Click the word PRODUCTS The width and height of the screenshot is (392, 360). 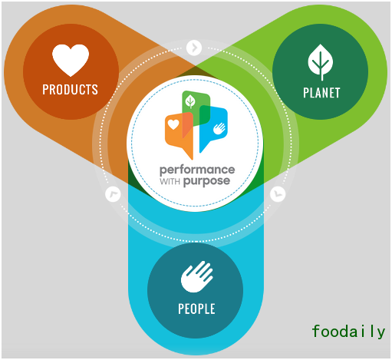tap(70, 90)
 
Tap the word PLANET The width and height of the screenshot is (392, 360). tap(321, 93)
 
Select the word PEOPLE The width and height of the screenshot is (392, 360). tap(196, 309)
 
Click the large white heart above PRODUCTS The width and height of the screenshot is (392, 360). tap(71, 60)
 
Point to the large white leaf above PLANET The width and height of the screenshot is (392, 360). tap(321, 62)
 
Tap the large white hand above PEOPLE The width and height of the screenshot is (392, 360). tap(197, 276)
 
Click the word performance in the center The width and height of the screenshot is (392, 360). tap(197, 170)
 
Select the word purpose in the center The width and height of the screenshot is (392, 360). tap(206, 181)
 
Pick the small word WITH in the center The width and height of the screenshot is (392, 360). tap(170, 181)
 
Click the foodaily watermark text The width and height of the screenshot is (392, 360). tap(348, 331)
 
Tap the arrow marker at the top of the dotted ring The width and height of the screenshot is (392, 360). tap(194, 48)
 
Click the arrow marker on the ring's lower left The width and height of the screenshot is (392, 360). tap(113, 194)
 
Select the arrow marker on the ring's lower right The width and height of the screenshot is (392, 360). tap(278, 194)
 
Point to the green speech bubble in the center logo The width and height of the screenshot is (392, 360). tap(196, 108)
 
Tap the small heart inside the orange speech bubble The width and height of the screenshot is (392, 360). tap(173, 124)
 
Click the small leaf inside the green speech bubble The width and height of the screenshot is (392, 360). tap(190, 101)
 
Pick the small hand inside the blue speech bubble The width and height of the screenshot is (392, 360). tap(219, 128)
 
